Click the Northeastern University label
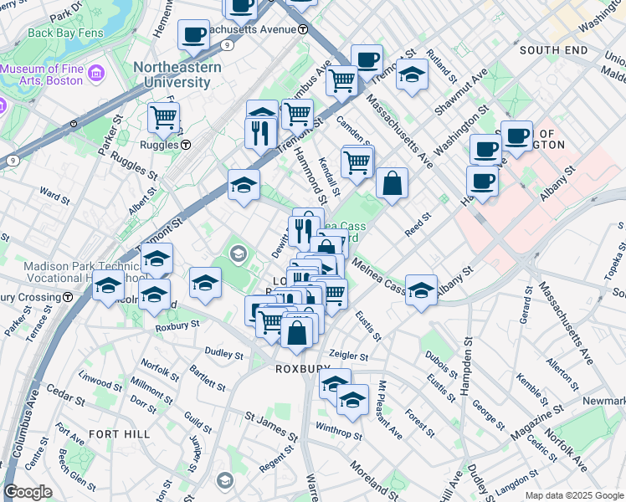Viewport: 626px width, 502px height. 177,74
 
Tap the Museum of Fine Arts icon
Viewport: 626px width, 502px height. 95,74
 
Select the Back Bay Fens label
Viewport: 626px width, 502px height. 64,33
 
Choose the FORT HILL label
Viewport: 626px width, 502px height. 120,434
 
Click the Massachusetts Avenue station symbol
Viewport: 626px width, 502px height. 302,28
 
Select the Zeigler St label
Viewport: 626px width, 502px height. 349,356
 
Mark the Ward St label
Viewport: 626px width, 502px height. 54,196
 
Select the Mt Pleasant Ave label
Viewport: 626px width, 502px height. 390,410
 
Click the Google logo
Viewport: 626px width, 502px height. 28,493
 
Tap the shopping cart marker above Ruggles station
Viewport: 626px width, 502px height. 163,117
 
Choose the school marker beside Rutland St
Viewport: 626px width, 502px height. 411,74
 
